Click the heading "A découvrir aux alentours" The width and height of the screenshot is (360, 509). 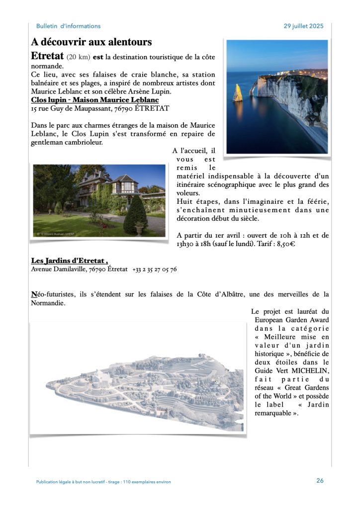[x=91, y=42]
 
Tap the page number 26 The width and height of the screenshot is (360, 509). [x=320, y=481]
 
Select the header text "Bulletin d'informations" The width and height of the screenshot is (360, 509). [x=68, y=26]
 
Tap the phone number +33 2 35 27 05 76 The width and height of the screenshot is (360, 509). [x=155, y=269]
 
